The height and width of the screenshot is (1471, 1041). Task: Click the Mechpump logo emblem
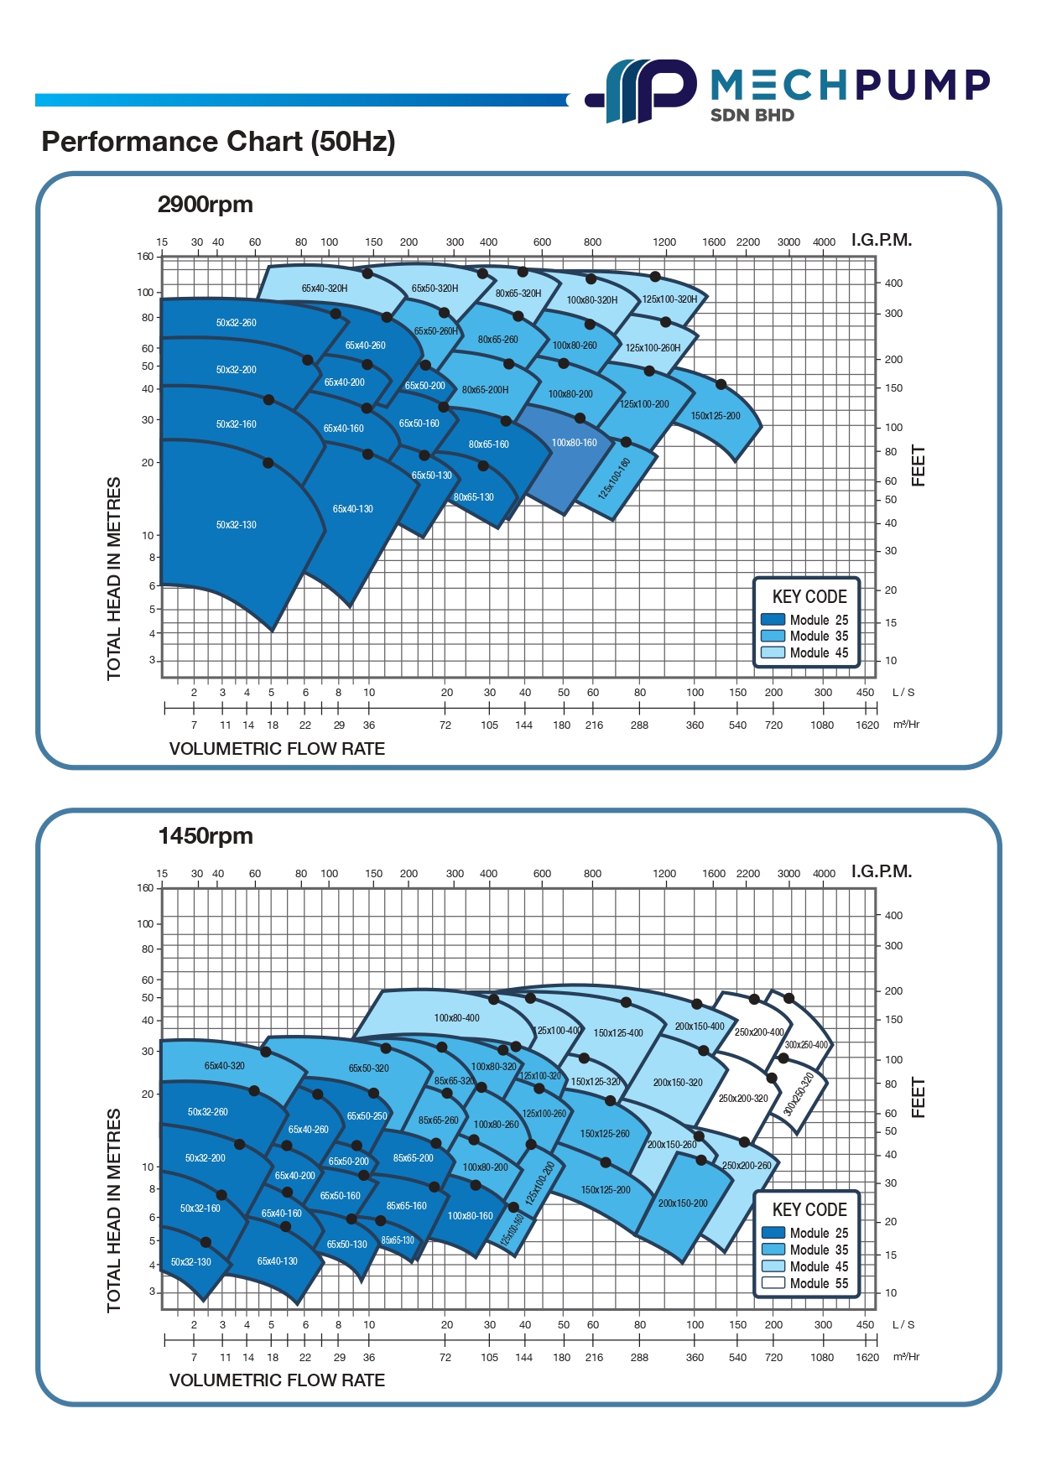point(642,91)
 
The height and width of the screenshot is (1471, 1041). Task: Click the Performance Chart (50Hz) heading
point(218,142)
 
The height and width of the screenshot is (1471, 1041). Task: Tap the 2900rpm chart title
point(205,205)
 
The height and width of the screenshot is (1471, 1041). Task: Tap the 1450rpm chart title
point(206,836)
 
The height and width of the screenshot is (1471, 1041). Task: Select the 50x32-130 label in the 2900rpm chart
point(237,525)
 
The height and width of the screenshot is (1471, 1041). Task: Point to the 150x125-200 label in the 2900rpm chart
point(716,416)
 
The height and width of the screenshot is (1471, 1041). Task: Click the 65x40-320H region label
point(325,288)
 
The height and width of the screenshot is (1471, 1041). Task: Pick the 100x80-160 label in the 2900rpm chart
point(575,443)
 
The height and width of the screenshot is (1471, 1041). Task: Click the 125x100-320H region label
point(669,299)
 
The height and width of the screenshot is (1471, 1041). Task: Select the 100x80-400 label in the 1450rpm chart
point(457,1018)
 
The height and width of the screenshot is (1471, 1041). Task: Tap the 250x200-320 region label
point(743,1099)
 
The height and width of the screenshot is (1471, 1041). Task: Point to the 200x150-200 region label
point(683,1203)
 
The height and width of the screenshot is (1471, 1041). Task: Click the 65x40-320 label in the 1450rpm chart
point(225,1066)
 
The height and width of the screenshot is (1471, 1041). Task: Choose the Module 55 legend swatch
point(773,1283)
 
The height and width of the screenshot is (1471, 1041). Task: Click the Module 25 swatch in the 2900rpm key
point(773,620)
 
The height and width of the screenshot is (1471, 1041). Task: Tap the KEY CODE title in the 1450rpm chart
point(809,1209)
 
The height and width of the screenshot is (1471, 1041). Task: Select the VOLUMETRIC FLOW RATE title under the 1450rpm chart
point(277,1380)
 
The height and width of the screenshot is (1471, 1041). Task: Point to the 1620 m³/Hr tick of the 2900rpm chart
point(867,725)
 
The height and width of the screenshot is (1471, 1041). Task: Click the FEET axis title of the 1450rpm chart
point(919,1098)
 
